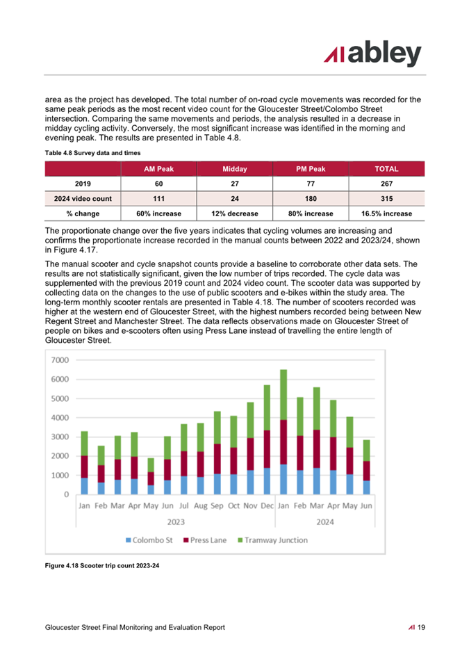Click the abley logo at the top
point(372,54)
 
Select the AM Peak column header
point(158,169)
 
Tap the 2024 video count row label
point(83,199)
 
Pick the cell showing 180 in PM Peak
point(311,199)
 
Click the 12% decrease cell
point(235,214)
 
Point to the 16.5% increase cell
point(386,214)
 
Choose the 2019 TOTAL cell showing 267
point(386,184)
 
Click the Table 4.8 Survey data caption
point(92,153)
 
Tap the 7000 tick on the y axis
point(60,360)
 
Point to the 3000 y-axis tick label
point(60,437)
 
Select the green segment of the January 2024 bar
point(283,395)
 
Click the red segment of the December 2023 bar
point(267,449)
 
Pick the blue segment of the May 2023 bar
point(151,489)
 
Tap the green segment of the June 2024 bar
point(367,451)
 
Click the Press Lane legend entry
point(205,540)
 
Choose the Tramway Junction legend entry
point(272,540)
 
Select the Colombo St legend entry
point(149,540)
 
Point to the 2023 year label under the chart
point(176,522)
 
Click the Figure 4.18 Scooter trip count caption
point(102,566)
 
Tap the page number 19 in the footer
point(421,628)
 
